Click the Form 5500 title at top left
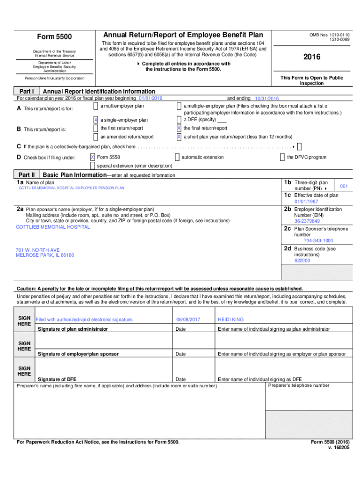tap(54, 36)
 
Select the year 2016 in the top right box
tap(311, 57)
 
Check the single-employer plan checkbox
tap(95, 120)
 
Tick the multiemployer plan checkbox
tap(95, 107)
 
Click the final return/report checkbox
tap(179, 128)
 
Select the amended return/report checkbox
tap(95, 137)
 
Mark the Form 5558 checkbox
tap(93, 157)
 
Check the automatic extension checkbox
tap(177, 157)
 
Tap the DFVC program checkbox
tap(282, 157)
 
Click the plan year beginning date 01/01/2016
tap(151, 98)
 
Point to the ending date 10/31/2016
tap(266, 99)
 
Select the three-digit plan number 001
tap(344, 186)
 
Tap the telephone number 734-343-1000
tap(318, 240)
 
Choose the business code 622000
tap(302, 261)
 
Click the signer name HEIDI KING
tap(230, 319)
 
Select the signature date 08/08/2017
tap(188, 319)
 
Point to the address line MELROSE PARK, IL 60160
tap(45, 255)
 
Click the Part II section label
tap(27, 174)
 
